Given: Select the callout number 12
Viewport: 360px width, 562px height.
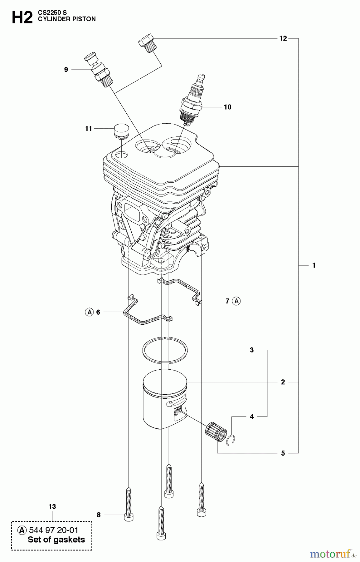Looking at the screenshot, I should pyautogui.click(x=283, y=38).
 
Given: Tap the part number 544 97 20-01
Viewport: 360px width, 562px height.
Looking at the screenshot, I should pyautogui.click(x=53, y=530).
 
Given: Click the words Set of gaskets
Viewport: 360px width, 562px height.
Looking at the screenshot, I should pyautogui.click(x=56, y=540).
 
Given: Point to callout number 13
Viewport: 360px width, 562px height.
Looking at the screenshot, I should pyautogui.click(x=52, y=506).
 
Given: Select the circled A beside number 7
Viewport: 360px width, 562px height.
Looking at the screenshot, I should pyautogui.click(x=237, y=301).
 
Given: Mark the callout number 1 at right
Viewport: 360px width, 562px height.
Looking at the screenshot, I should pyautogui.click(x=314, y=265).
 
